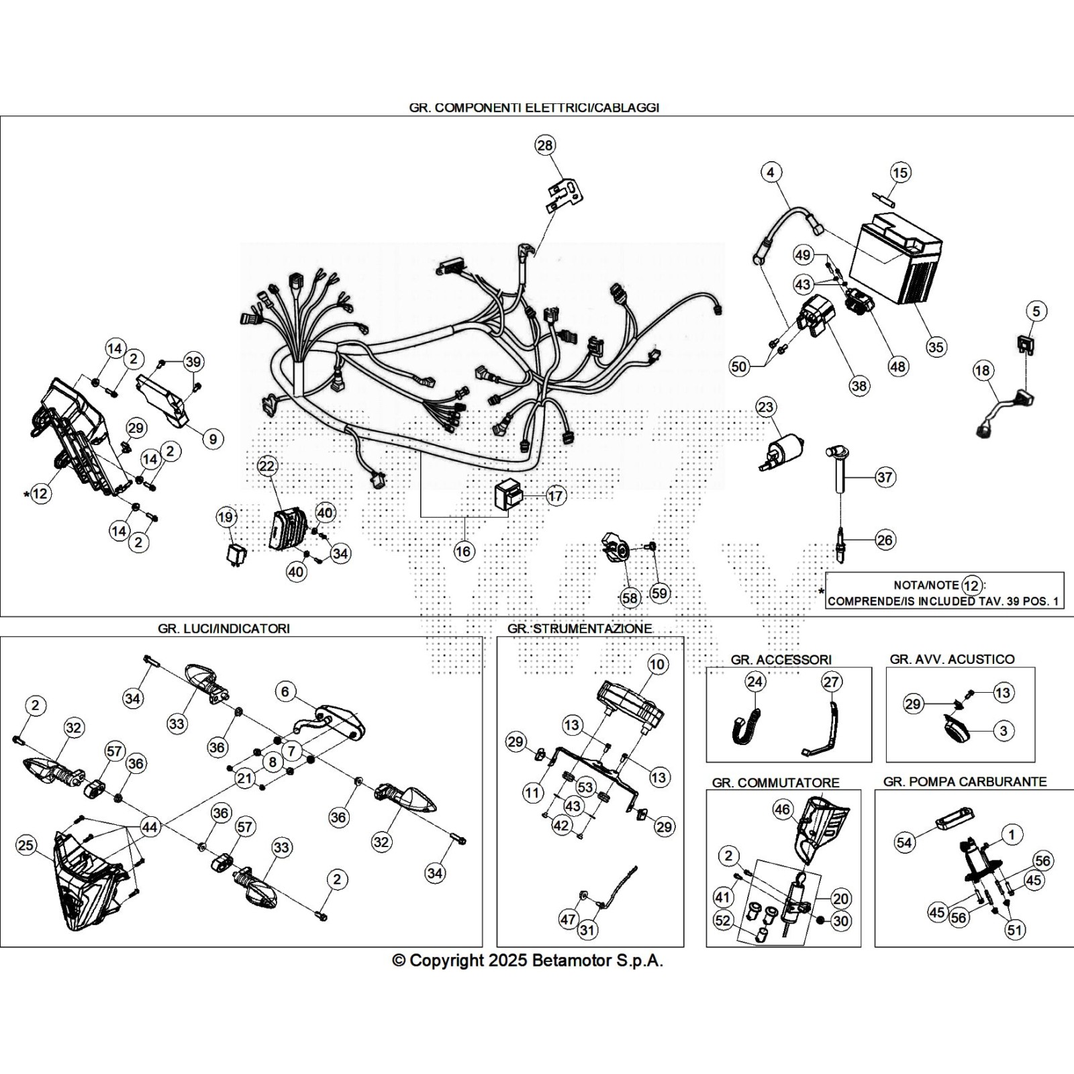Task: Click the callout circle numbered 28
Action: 545,145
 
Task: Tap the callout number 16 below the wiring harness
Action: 464,552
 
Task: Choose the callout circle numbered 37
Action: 885,477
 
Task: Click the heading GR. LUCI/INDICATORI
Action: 224,628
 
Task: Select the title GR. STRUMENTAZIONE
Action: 579,628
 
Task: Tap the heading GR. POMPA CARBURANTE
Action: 965,781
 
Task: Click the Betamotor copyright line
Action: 528,961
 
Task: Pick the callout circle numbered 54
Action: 905,842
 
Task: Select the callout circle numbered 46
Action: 783,810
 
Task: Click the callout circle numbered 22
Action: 266,466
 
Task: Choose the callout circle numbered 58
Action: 630,597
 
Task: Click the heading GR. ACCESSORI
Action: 781,659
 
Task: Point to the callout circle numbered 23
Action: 765,407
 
